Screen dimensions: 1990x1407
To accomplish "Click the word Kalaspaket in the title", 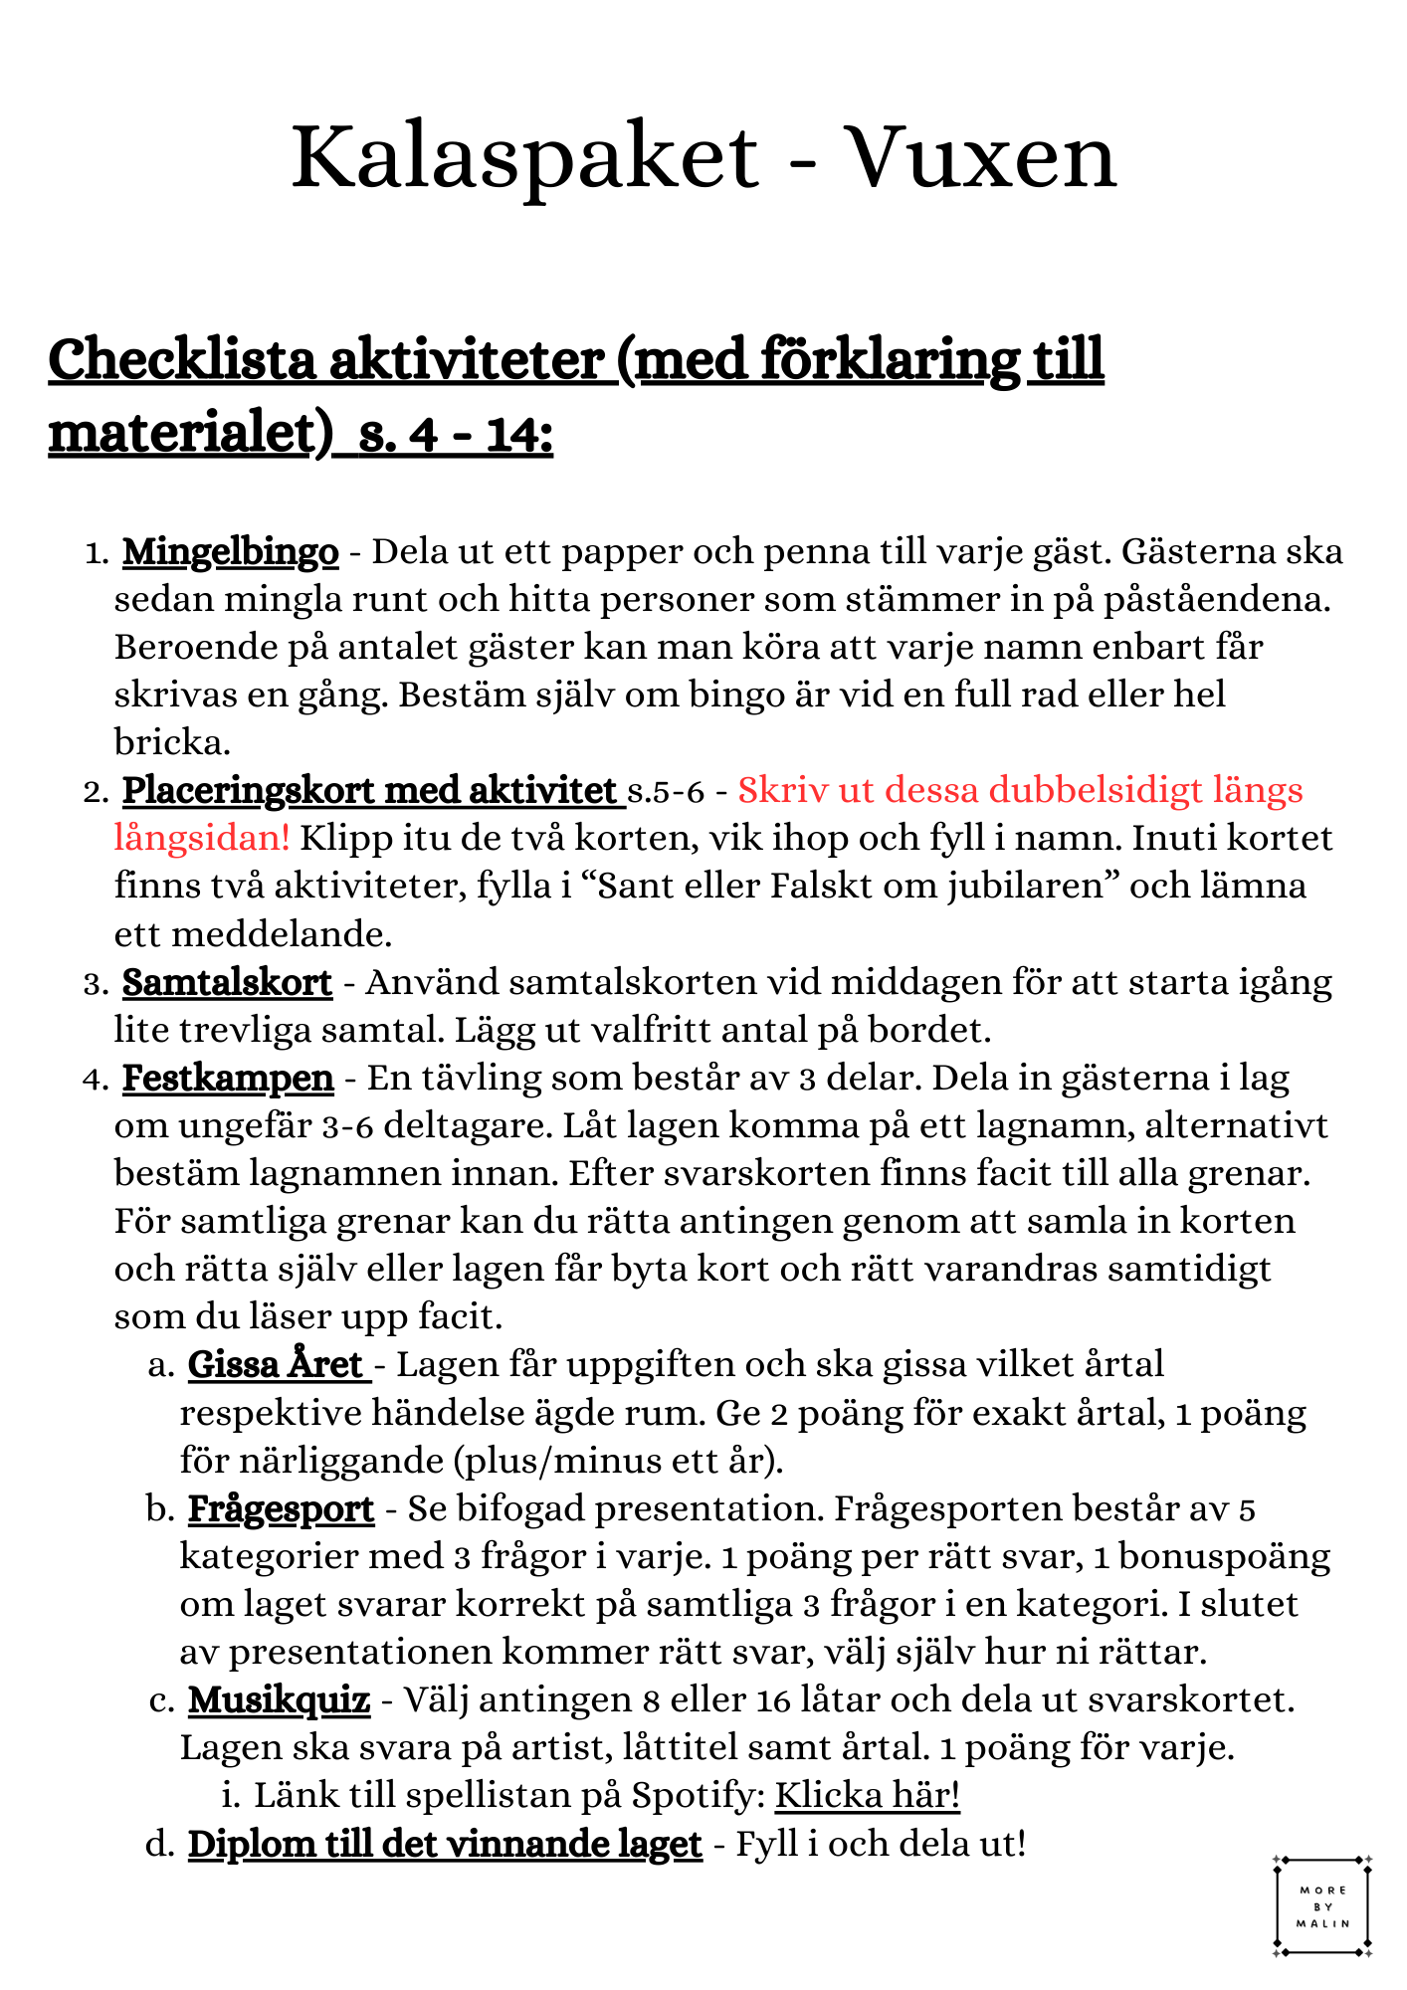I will pyautogui.click(x=524, y=157).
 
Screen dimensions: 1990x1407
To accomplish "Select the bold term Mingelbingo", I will pyautogui.click(x=230, y=551).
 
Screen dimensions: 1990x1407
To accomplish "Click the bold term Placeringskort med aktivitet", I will pyautogui.click(x=370, y=791).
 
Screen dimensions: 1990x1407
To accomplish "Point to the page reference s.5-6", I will pyautogui.click(x=666, y=792).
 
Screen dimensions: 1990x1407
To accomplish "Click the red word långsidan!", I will pyautogui.click(x=202, y=838).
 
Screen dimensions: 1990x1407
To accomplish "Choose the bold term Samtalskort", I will pyautogui.click(x=227, y=983).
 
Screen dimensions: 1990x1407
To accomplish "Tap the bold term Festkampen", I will pyautogui.click(x=228, y=1079).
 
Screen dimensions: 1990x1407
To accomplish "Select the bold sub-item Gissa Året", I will pyautogui.click(x=277, y=1365).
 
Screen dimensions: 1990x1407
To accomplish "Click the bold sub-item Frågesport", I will pyautogui.click(x=281, y=1509).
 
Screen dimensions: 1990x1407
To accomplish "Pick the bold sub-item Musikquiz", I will pyautogui.click(x=279, y=1700).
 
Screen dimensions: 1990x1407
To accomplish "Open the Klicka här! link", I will pyautogui.click(x=867, y=1796).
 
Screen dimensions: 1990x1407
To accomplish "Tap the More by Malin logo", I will pyautogui.click(x=1322, y=1906).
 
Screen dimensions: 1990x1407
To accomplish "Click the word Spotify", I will pyautogui.click(x=699, y=1796).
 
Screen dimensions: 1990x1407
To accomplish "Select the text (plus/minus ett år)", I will pyautogui.click(x=618, y=1461).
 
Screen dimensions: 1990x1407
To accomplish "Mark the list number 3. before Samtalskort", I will pyautogui.click(x=96, y=985).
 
